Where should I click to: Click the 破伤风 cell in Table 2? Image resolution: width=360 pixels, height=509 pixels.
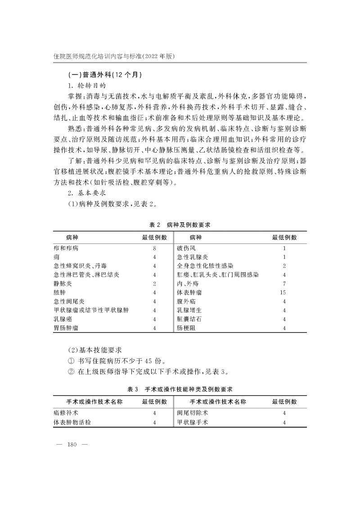186,248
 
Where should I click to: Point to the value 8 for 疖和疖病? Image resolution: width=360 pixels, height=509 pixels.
154,248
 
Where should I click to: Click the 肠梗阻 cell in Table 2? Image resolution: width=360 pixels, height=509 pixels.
186,328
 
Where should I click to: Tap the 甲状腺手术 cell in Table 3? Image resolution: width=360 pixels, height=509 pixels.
192,422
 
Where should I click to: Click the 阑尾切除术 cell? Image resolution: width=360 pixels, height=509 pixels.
192,412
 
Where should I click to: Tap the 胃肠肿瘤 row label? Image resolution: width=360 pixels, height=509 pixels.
65,328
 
